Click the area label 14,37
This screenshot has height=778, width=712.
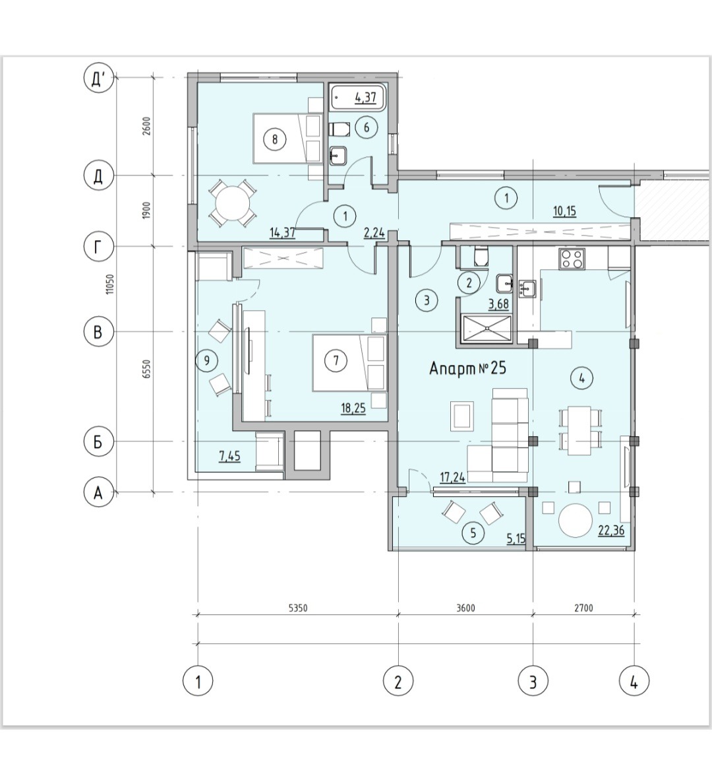click(x=283, y=232)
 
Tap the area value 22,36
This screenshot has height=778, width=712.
click(x=611, y=531)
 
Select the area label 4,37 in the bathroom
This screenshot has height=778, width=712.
click(x=365, y=97)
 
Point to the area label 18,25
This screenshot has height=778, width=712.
click(x=353, y=408)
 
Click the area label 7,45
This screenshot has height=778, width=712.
click(x=229, y=455)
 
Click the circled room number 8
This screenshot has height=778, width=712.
click(x=275, y=139)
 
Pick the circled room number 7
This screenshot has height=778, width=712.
click(x=336, y=360)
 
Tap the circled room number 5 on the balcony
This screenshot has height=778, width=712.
click(x=473, y=533)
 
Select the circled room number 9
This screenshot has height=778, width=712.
click(x=207, y=360)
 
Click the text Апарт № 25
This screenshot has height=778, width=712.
click(x=467, y=368)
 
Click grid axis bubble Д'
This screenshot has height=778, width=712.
click(x=99, y=79)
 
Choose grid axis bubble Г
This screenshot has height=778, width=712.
click(x=99, y=247)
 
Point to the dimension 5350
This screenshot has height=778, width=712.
click(x=297, y=608)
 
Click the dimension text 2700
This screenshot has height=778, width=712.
click(x=583, y=608)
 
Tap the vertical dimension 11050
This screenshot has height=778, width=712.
click(x=110, y=284)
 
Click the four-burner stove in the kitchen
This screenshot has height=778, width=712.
click(x=573, y=258)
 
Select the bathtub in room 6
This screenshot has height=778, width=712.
click(x=357, y=98)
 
